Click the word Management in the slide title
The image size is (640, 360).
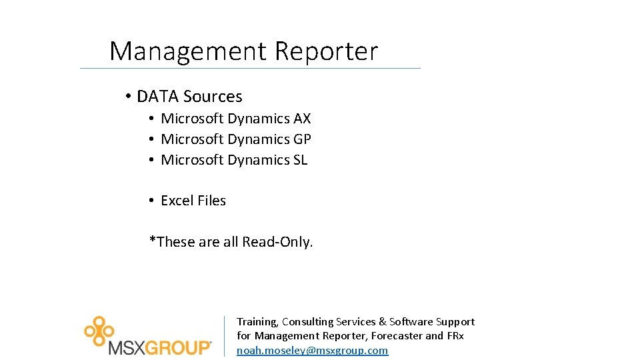pyautogui.click(x=187, y=51)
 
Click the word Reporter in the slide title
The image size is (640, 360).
pyautogui.click(x=326, y=51)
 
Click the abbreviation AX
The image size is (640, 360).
pyautogui.click(x=302, y=119)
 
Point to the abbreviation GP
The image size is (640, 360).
pyautogui.click(x=302, y=139)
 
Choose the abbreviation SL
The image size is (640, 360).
pyautogui.click(x=300, y=160)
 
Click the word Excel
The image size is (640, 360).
pyautogui.click(x=177, y=201)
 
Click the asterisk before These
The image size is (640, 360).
pyautogui.click(x=152, y=240)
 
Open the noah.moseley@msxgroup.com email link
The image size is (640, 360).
pyautogui.click(x=312, y=350)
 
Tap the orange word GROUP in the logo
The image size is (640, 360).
pyautogui.click(x=177, y=347)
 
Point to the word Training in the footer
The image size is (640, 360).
pyautogui.click(x=257, y=322)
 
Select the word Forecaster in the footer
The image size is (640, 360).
pyautogui.click(x=397, y=336)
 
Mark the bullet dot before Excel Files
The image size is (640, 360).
pyautogui.click(x=152, y=201)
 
